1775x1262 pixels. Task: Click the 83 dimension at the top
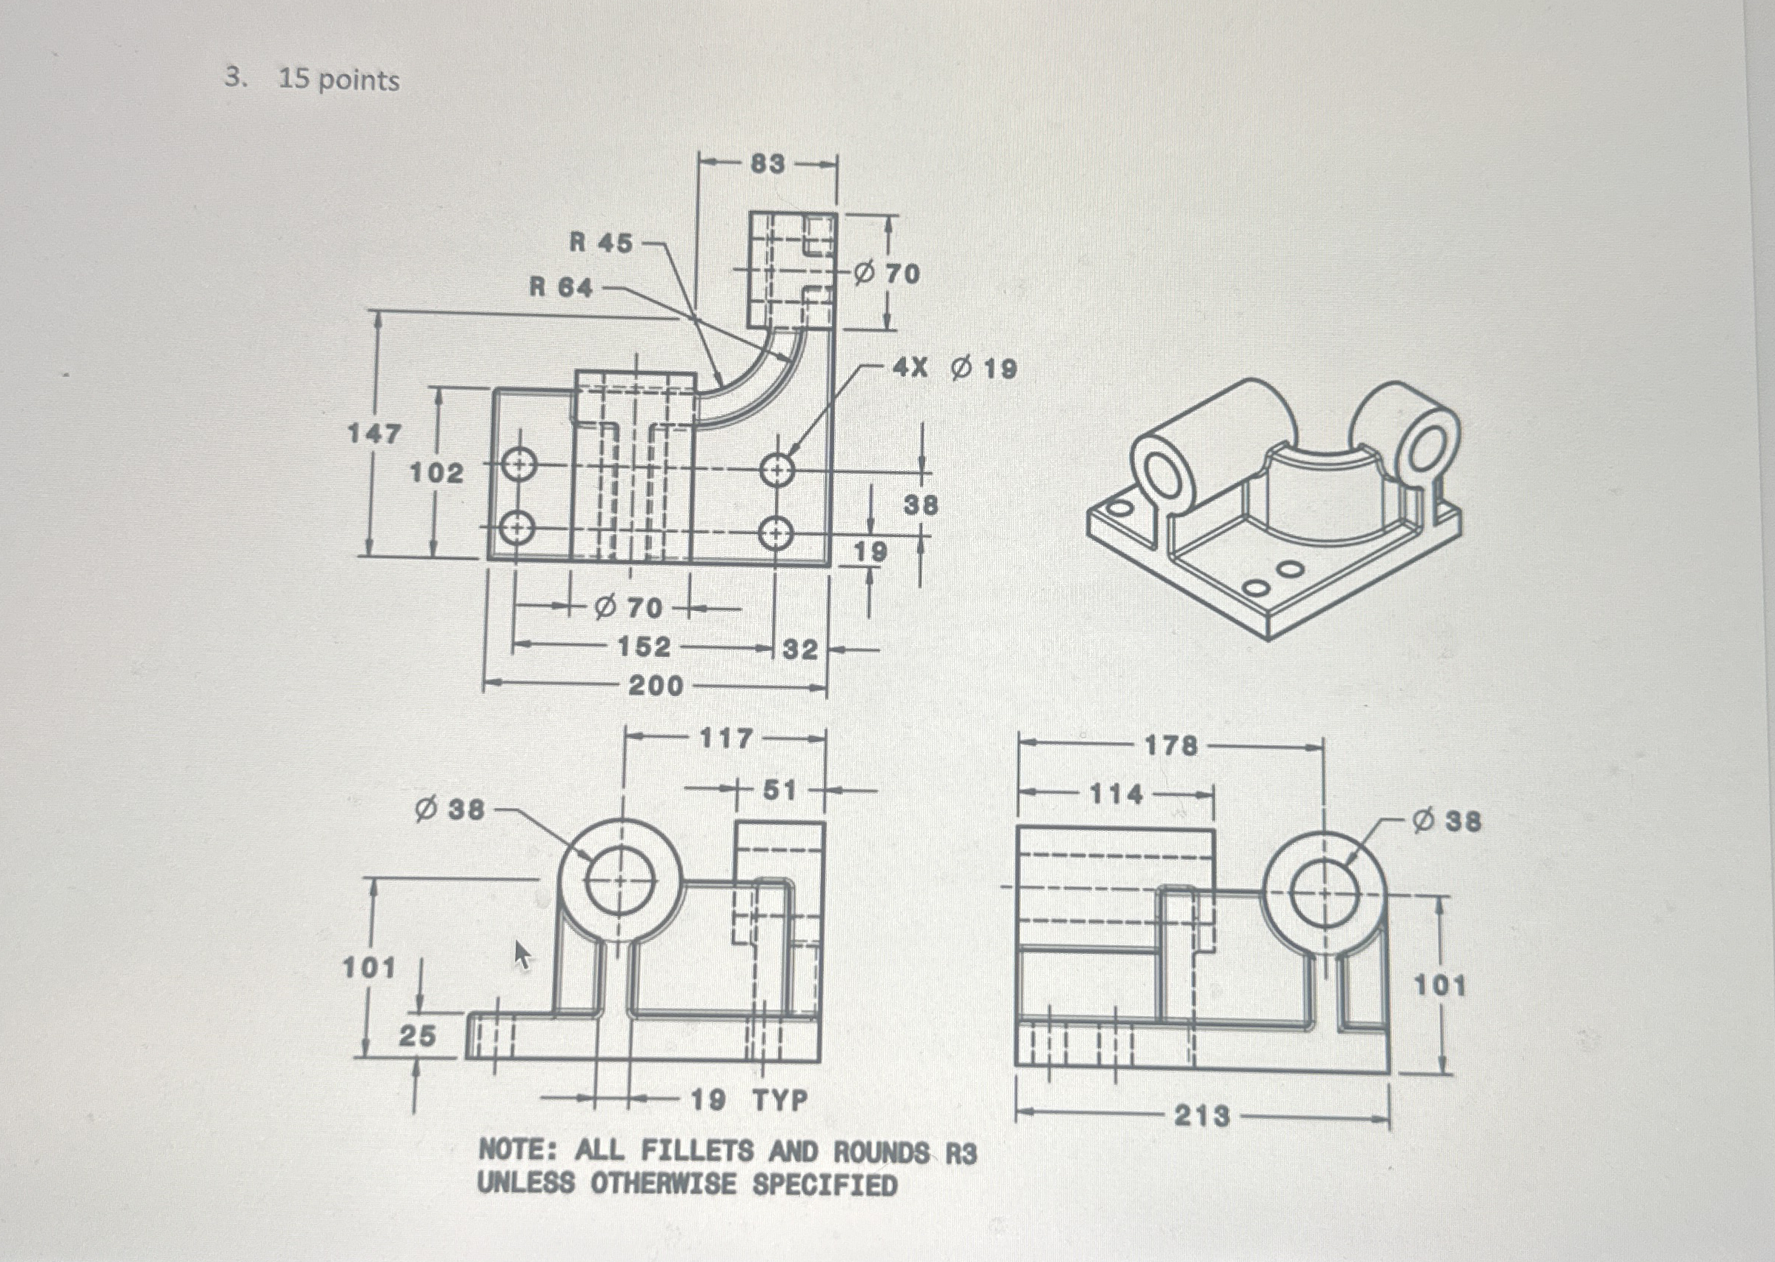[767, 164]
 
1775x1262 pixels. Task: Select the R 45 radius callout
[601, 242]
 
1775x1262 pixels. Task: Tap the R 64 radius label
[560, 287]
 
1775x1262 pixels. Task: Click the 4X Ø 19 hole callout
[955, 367]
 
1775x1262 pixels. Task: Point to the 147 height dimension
[374, 433]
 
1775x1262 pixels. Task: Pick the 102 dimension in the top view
[436, 473]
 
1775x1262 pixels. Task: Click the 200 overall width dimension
[655, 686]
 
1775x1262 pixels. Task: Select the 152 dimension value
[644, 647]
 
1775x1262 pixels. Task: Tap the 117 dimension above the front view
[726, 738]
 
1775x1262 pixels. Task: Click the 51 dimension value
[779, 790]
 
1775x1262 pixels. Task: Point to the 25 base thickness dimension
[417, 1035]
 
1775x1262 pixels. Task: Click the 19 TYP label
[749, 1100]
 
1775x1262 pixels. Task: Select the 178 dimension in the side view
[1171, 746]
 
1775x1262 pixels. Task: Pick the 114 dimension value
[1116, 794]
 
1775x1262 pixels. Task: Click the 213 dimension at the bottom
[1202, 1116]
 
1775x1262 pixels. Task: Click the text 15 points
[339, 80]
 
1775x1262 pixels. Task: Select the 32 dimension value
[799, 649]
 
